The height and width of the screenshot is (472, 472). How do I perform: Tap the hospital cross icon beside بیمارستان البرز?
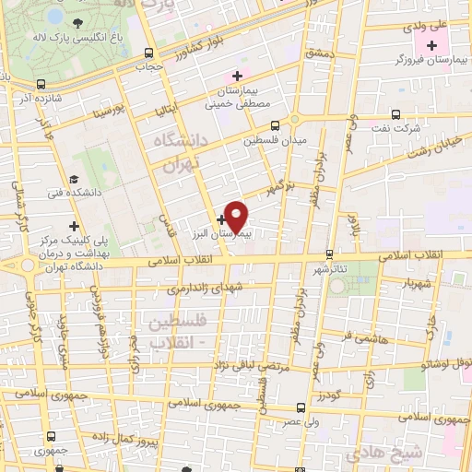(x=222, y=220)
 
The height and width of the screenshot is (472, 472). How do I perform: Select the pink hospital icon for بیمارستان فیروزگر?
(x=431, y=44)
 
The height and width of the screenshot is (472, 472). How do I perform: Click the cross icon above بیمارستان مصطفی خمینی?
(x=237, y=76)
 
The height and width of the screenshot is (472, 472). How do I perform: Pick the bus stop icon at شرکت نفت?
(x=395, y=115)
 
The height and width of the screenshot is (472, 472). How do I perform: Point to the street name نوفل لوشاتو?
(x=423, y=366)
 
